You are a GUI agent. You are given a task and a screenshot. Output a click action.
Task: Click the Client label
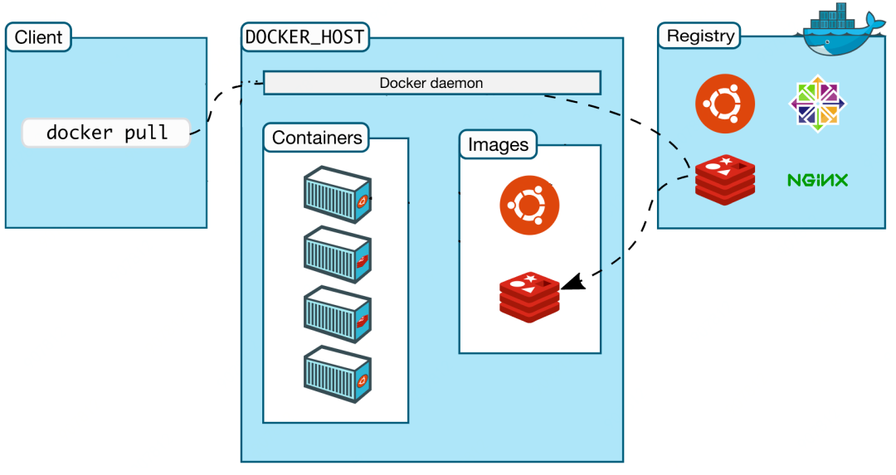38,36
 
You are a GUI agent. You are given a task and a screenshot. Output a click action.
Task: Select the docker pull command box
106,133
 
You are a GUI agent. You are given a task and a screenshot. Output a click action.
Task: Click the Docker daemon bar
431,83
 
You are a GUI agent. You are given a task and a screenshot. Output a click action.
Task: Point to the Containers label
317,137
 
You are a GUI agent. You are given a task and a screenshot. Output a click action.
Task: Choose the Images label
498,144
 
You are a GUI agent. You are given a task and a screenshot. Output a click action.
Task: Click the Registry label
700,36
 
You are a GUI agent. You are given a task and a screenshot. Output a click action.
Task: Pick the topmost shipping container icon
337,194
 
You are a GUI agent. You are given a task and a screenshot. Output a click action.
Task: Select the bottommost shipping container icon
337,375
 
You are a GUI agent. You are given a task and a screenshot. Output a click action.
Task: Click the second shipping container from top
337,254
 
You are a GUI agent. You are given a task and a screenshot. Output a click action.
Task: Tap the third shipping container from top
337,315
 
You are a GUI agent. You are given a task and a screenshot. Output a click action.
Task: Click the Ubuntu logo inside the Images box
529,206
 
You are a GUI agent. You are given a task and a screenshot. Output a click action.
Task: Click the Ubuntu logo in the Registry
725,104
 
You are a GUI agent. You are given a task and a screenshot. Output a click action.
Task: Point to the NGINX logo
817,179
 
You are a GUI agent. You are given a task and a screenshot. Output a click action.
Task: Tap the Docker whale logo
838,33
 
